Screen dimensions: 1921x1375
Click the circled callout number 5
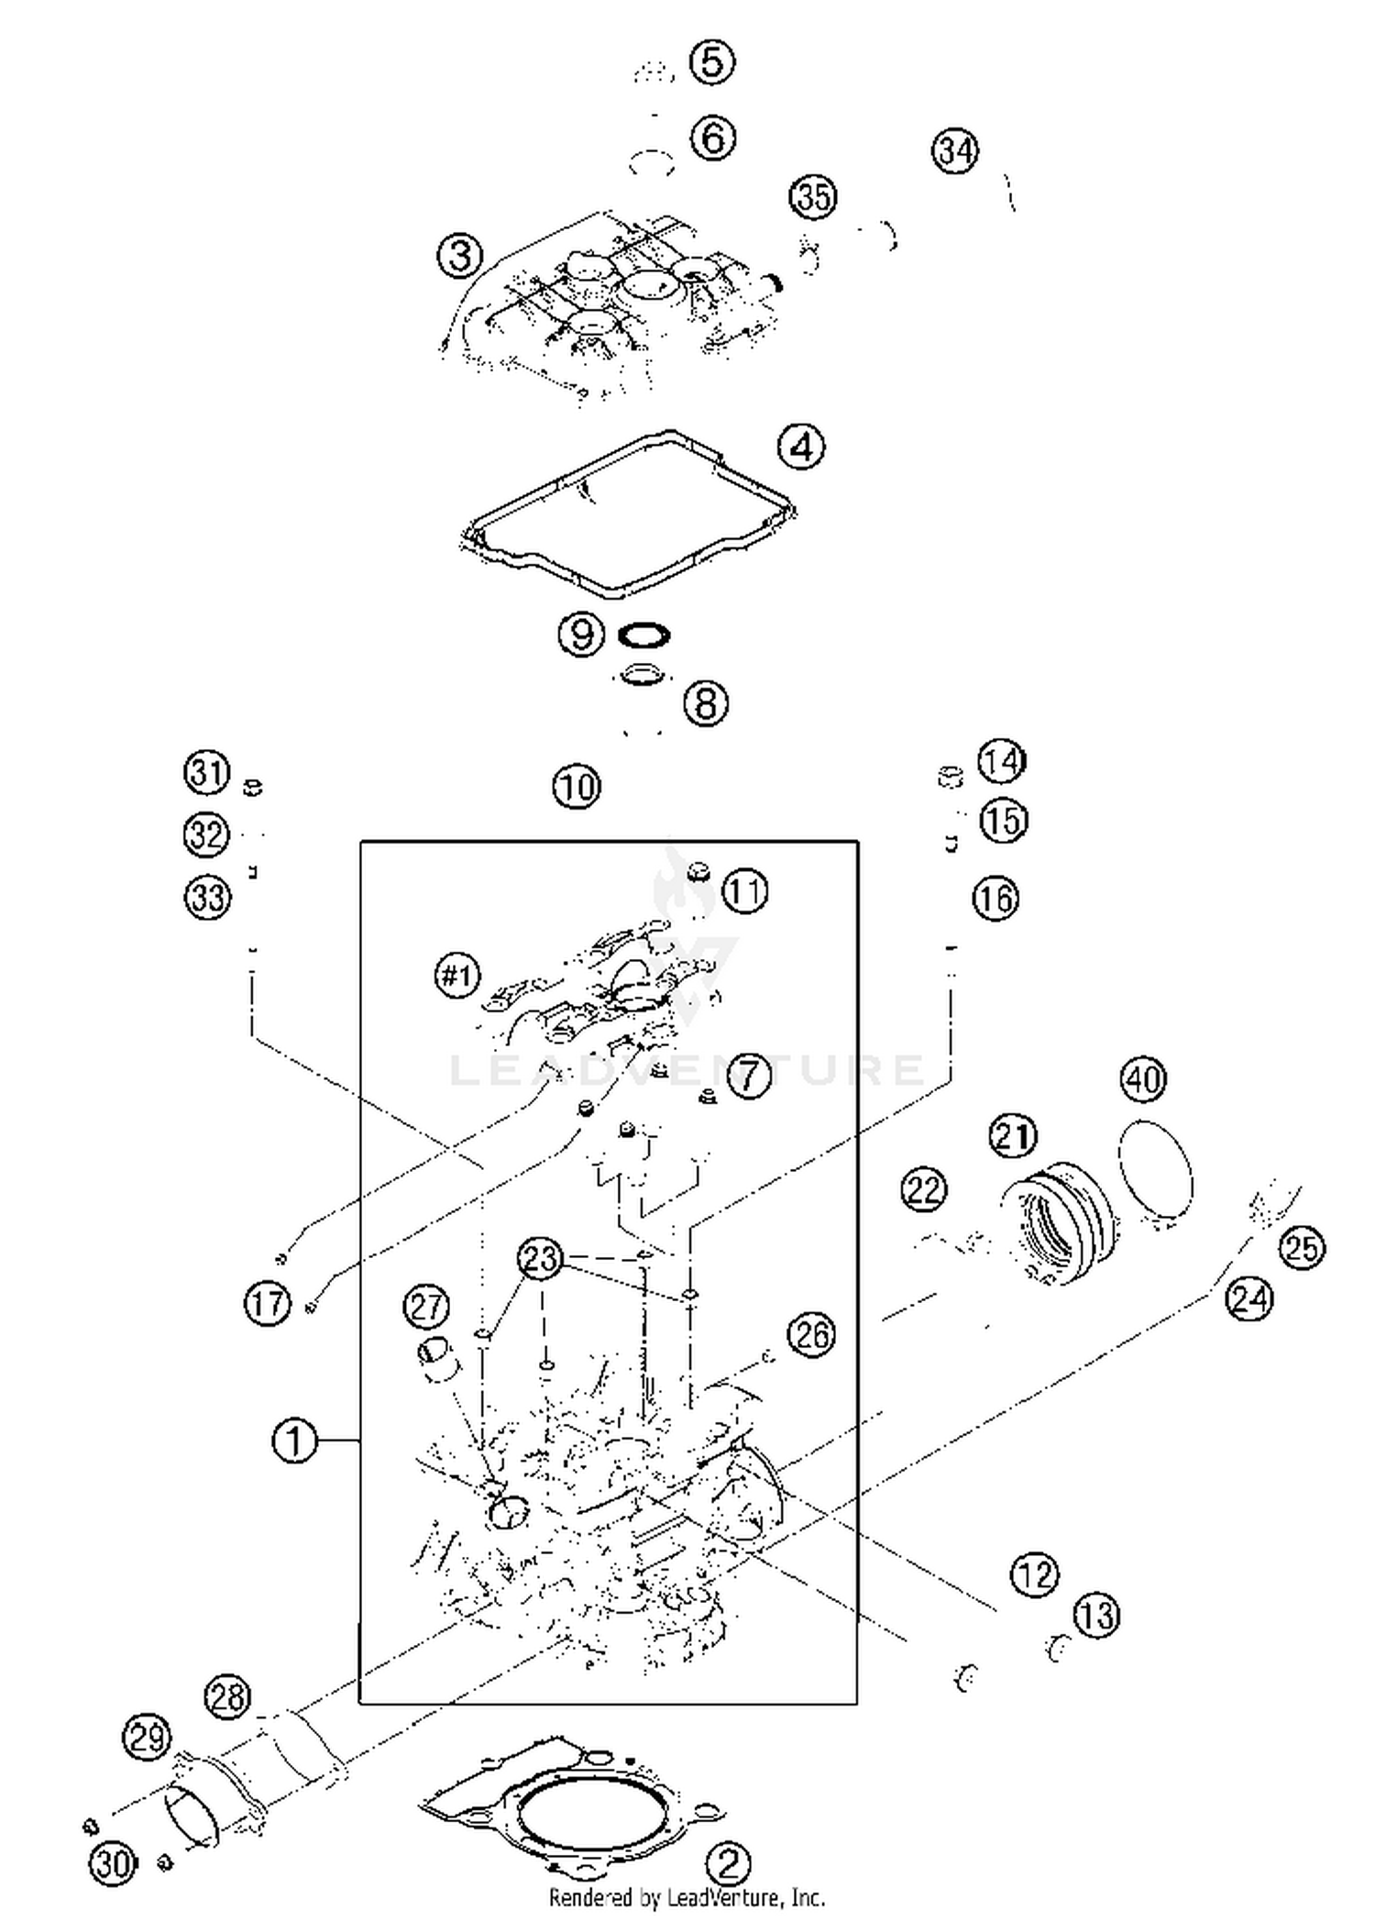tap(712, 62)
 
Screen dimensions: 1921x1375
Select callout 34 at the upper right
tap(955, 150)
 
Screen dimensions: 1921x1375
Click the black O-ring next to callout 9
tap(643, 635)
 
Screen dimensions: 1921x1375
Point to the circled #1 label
tap(456, 976)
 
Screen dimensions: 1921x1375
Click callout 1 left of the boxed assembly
tap(294, 1441)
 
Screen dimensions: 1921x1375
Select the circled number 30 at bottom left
tap(113, 1863)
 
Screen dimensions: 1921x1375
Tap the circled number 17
tap(267, 1303)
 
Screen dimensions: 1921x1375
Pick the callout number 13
tap(1096, 1616)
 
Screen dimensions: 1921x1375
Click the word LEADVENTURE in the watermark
tap(687, 1070)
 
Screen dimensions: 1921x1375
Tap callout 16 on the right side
tap(995, 898)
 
